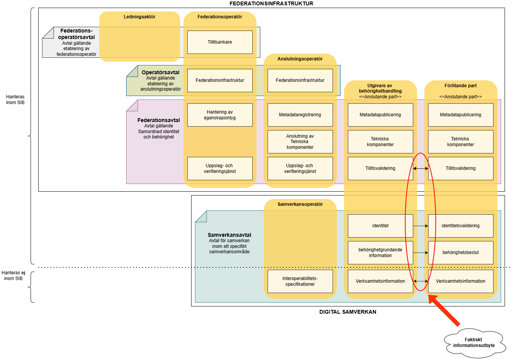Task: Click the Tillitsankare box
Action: pyautogui.click(x=220, y=42)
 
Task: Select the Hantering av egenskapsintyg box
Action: pyautogui.click(x=220, y=115)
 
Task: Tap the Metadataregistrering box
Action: pyautogui.click(x=300, y=115)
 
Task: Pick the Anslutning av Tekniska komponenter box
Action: pyautogui.click(x=300, y=142)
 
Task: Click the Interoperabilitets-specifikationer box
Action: pyautogui.click(x=300, y=281)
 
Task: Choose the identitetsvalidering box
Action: pyautogui.click(x=461, y=226)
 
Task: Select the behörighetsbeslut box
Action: pyautogui.click(x=461, y=252)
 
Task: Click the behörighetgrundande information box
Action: pyautogui.click(x=380, y=252)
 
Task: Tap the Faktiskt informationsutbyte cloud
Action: pyautogui.click(x=474, y=342)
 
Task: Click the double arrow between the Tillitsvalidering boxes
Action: pyautogui.click(x=420, y=168)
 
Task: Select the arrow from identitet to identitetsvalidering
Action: pyautogui.click(x=420, y=226)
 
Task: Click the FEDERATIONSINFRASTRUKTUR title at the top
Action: pyautogui.click(x=271, y=3)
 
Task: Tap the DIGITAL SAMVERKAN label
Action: pyautogui.click(x=348, y=312)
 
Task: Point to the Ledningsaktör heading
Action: pyautogui.click(x=140, y=17)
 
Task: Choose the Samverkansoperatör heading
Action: pyautogui.click(x=300, y=204)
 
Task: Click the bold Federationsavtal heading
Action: pyautogui.click(x=159, y=120)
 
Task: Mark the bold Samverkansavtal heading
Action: pyautogui.click(x=229, y=235)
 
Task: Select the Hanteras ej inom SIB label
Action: pyautogui.click(x=13, y=275)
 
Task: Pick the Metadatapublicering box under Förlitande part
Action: pyautogui.click(x=461, y=115)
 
